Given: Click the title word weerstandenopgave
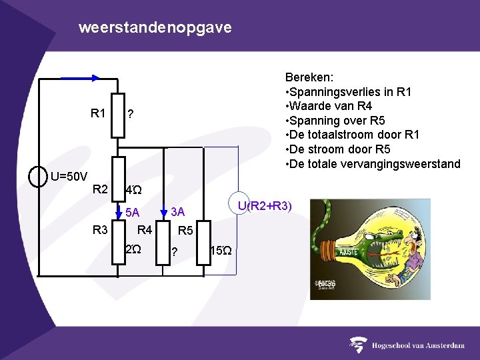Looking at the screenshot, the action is click(x=155, y=28).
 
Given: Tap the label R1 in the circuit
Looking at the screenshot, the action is click(x=98, y=113).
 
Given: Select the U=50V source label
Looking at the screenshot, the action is click(x=69, y=177).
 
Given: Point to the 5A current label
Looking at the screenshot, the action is click(x=132, y=213).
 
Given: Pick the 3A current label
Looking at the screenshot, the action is click(x=177, y=212).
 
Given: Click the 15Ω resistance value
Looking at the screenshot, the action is click(x=221, y=251).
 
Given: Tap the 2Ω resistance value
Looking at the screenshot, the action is click(x=133, y=249).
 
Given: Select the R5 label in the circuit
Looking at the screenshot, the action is click(x=185, y=231).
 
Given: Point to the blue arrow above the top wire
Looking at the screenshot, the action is click(x=80, y=77).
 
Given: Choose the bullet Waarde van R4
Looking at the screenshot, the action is click(x=329, y=106).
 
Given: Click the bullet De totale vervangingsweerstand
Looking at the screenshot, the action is click(x=373, y=164).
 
